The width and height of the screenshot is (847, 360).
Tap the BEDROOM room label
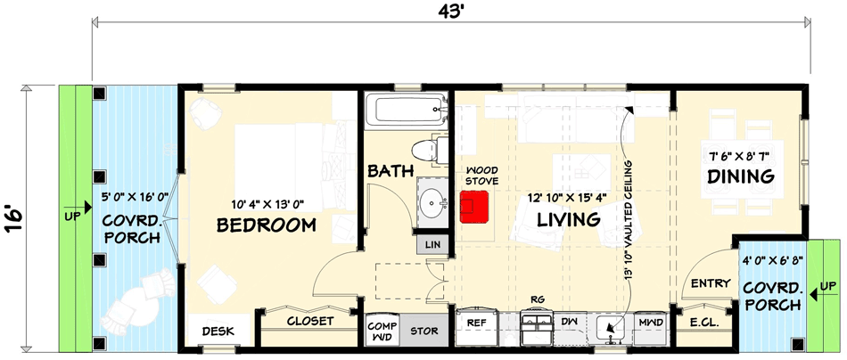267,225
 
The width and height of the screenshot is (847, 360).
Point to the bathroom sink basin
434,205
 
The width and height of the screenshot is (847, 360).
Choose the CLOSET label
309,321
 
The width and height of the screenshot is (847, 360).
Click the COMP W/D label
382,331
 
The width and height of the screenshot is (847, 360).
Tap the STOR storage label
423,331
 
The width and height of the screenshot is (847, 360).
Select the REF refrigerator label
475,322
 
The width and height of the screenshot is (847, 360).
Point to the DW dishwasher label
570,322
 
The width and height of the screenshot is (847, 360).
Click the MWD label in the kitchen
648,322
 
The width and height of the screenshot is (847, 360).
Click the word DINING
740,177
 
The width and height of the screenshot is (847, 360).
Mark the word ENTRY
710,283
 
